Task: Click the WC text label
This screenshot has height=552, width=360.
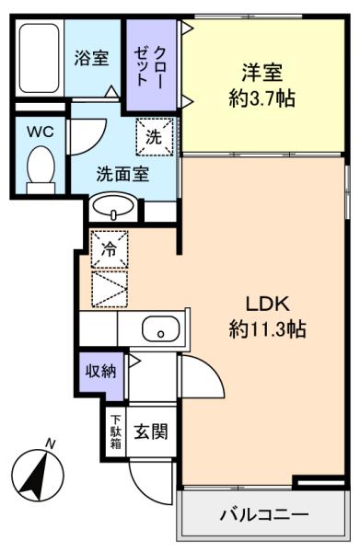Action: (39, 131)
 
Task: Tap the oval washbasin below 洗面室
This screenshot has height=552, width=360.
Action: (113, 205)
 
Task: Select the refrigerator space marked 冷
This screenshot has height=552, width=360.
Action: (109, 247)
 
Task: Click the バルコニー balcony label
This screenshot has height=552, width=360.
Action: (263, 513)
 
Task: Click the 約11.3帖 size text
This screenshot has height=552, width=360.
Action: (267, 328)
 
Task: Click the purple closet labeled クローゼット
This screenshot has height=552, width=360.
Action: (147, 66)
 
